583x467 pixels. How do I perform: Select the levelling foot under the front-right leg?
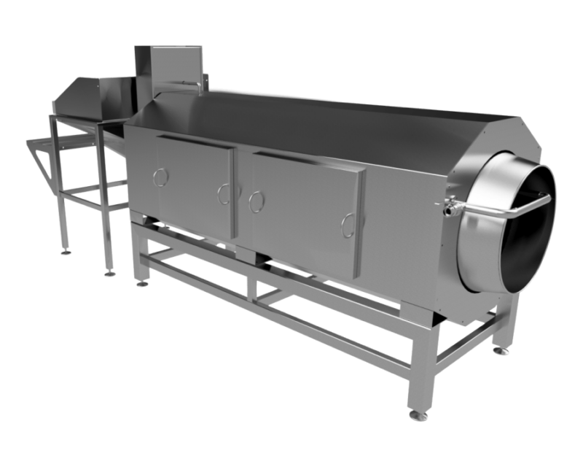pos(415,416)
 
